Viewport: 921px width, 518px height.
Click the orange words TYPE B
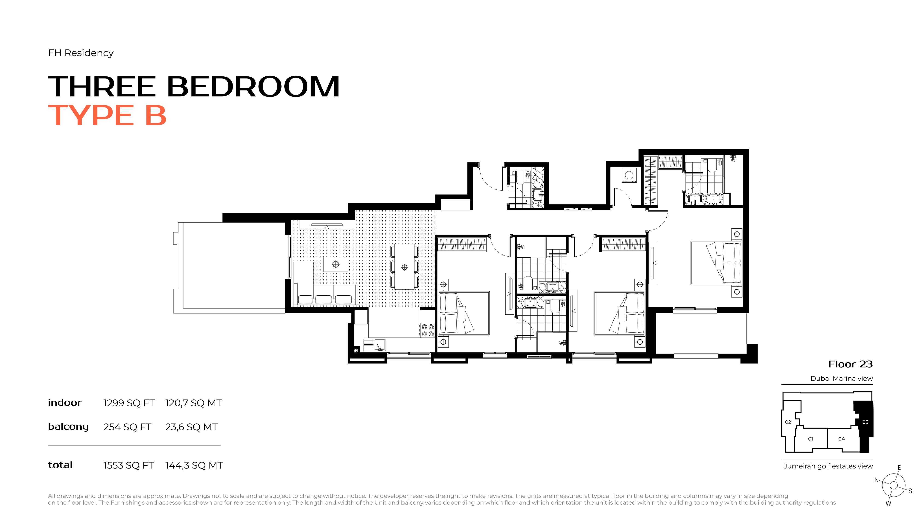107,116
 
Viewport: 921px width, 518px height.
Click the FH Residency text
81,53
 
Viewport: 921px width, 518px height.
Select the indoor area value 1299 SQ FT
129,403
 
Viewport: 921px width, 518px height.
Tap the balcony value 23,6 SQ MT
191,427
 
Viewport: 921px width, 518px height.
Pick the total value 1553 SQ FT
128,466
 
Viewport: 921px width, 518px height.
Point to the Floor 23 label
851,364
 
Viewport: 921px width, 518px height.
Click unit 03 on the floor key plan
865,422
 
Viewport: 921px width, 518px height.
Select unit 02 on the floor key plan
788,422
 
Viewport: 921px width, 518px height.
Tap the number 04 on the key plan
842,439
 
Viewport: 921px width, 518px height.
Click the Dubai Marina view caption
842,378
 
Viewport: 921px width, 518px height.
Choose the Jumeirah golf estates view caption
828,466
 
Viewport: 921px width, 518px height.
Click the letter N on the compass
876,480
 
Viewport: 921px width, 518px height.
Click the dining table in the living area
404,267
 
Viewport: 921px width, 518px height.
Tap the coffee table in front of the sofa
335,264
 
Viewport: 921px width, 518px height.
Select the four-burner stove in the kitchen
428,330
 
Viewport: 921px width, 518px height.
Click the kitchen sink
380,345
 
